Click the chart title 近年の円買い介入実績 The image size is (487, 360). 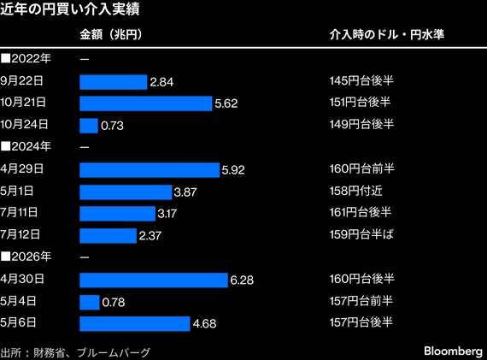(x=69, y=9)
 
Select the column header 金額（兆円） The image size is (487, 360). (x=111, y=34)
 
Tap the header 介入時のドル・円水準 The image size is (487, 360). (x=387, y=34)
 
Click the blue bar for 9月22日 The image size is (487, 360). (x=114, y=82)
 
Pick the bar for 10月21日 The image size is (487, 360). (x=146, y=103)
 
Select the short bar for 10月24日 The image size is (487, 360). (x=89, y=126)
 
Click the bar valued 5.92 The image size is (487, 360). (x=150, y=170)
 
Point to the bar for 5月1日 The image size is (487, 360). (x=126, y=192)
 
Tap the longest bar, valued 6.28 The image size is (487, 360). (x=154, y=280)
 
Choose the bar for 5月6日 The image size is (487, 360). (x=135, y=324)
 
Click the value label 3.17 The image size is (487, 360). (x=167, y=214)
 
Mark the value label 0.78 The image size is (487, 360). (x=114, y=302)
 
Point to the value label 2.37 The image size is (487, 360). (x=150, y=236)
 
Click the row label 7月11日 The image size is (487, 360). (x=19, y=213)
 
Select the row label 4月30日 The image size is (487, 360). (x=22, y=279)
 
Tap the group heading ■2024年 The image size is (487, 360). (x=26, y=146)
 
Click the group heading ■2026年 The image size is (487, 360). (x=26, y=257)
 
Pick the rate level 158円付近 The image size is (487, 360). (x=356, y=191)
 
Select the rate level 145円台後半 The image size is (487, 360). (x=361, y=81)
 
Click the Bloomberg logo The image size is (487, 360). (x=453, y=351)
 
